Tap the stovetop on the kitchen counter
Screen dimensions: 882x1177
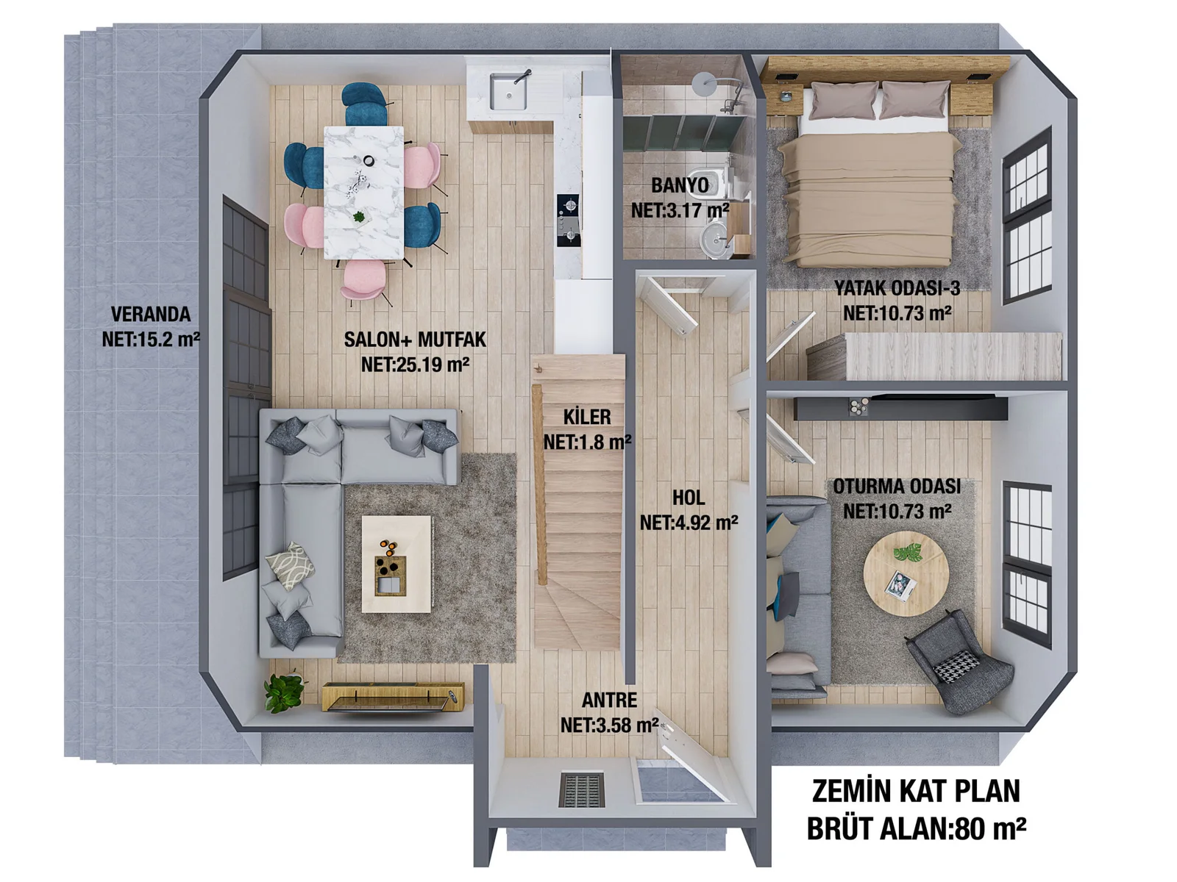pyautogui.click(x=568, y=220)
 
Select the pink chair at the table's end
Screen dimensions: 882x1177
pyautogui.click(x=363, y=280)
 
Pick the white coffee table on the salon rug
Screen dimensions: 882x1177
pyautogui.click(x=397, y=564)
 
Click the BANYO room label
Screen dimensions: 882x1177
pyautogui.click(x=680, y=185)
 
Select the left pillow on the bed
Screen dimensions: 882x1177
pyautogui.click(x=843, y=99)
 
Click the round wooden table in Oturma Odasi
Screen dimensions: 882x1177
pyautogui.click(x=906, y=573)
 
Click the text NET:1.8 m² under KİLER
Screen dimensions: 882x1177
pyautogui.click(x=587, y=442)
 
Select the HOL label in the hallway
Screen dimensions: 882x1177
pyautogui.click(x=689, y=498)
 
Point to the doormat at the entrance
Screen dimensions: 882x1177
pyautogui.click(x=581, y=789)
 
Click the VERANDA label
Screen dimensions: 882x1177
pyautogui.click(x=151, y=314)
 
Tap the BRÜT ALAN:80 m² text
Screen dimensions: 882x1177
pyautogui.click(x=916, y=828)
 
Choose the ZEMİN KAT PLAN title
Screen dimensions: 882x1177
pyautogui.click(x=916, y=791)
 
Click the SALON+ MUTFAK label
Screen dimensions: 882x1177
pyautogui.click(x=415, y=340)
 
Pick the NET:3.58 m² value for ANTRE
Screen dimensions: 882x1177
pyautogui.click(x=609, y=725)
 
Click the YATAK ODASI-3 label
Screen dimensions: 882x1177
pyautogui.click(x=897, y=287)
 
